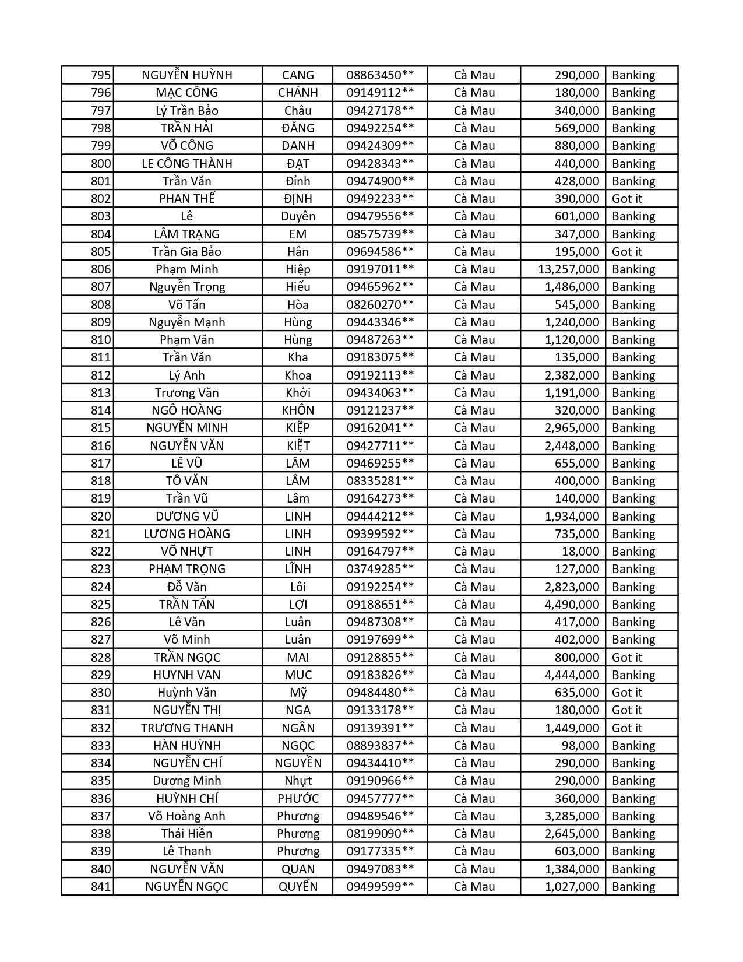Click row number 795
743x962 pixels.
click(x=100, y=75)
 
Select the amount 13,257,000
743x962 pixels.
click(x=568, y=269)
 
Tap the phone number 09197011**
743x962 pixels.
click(x=380, y=269)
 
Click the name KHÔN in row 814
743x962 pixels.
click(x=298, y=410)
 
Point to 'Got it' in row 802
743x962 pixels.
click(x=626, y=199)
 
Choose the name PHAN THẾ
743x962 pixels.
click(x=187, y=199)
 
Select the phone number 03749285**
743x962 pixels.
click(x=380, y=569)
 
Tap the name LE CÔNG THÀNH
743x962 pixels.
click(x=187, y=164)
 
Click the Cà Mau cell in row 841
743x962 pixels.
click(x=474, y=887)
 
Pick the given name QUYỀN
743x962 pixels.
click(x=298, y=887)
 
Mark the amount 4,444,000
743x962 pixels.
click(x=572, y=675)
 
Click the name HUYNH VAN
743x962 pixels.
click(x=187, y=675)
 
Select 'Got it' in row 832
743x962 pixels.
click(x=626, y=728)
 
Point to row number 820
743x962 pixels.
click(x=100, y=517)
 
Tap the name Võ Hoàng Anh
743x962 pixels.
click(x=187, y=816)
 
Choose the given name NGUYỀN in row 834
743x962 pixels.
click(x=298, y=763)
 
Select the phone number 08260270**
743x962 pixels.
click(x=380, y=305)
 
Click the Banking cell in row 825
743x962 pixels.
click(x=633, y=605)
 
